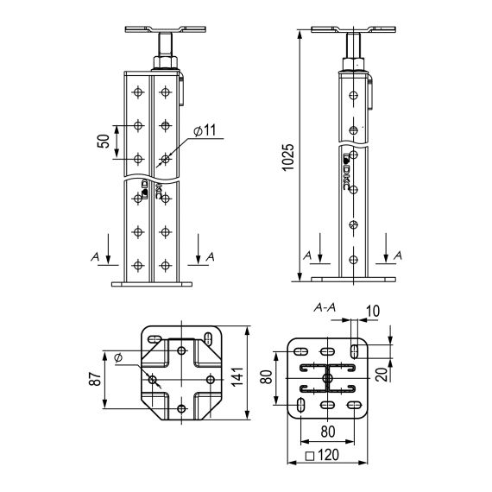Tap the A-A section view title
tap(326, 306)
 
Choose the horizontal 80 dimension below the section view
tap(327, 431)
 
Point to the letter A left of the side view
tap(306, 256)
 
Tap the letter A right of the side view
tap(398, 256)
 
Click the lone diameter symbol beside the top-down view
tap(117, 357)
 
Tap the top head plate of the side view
tap(351, 30)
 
